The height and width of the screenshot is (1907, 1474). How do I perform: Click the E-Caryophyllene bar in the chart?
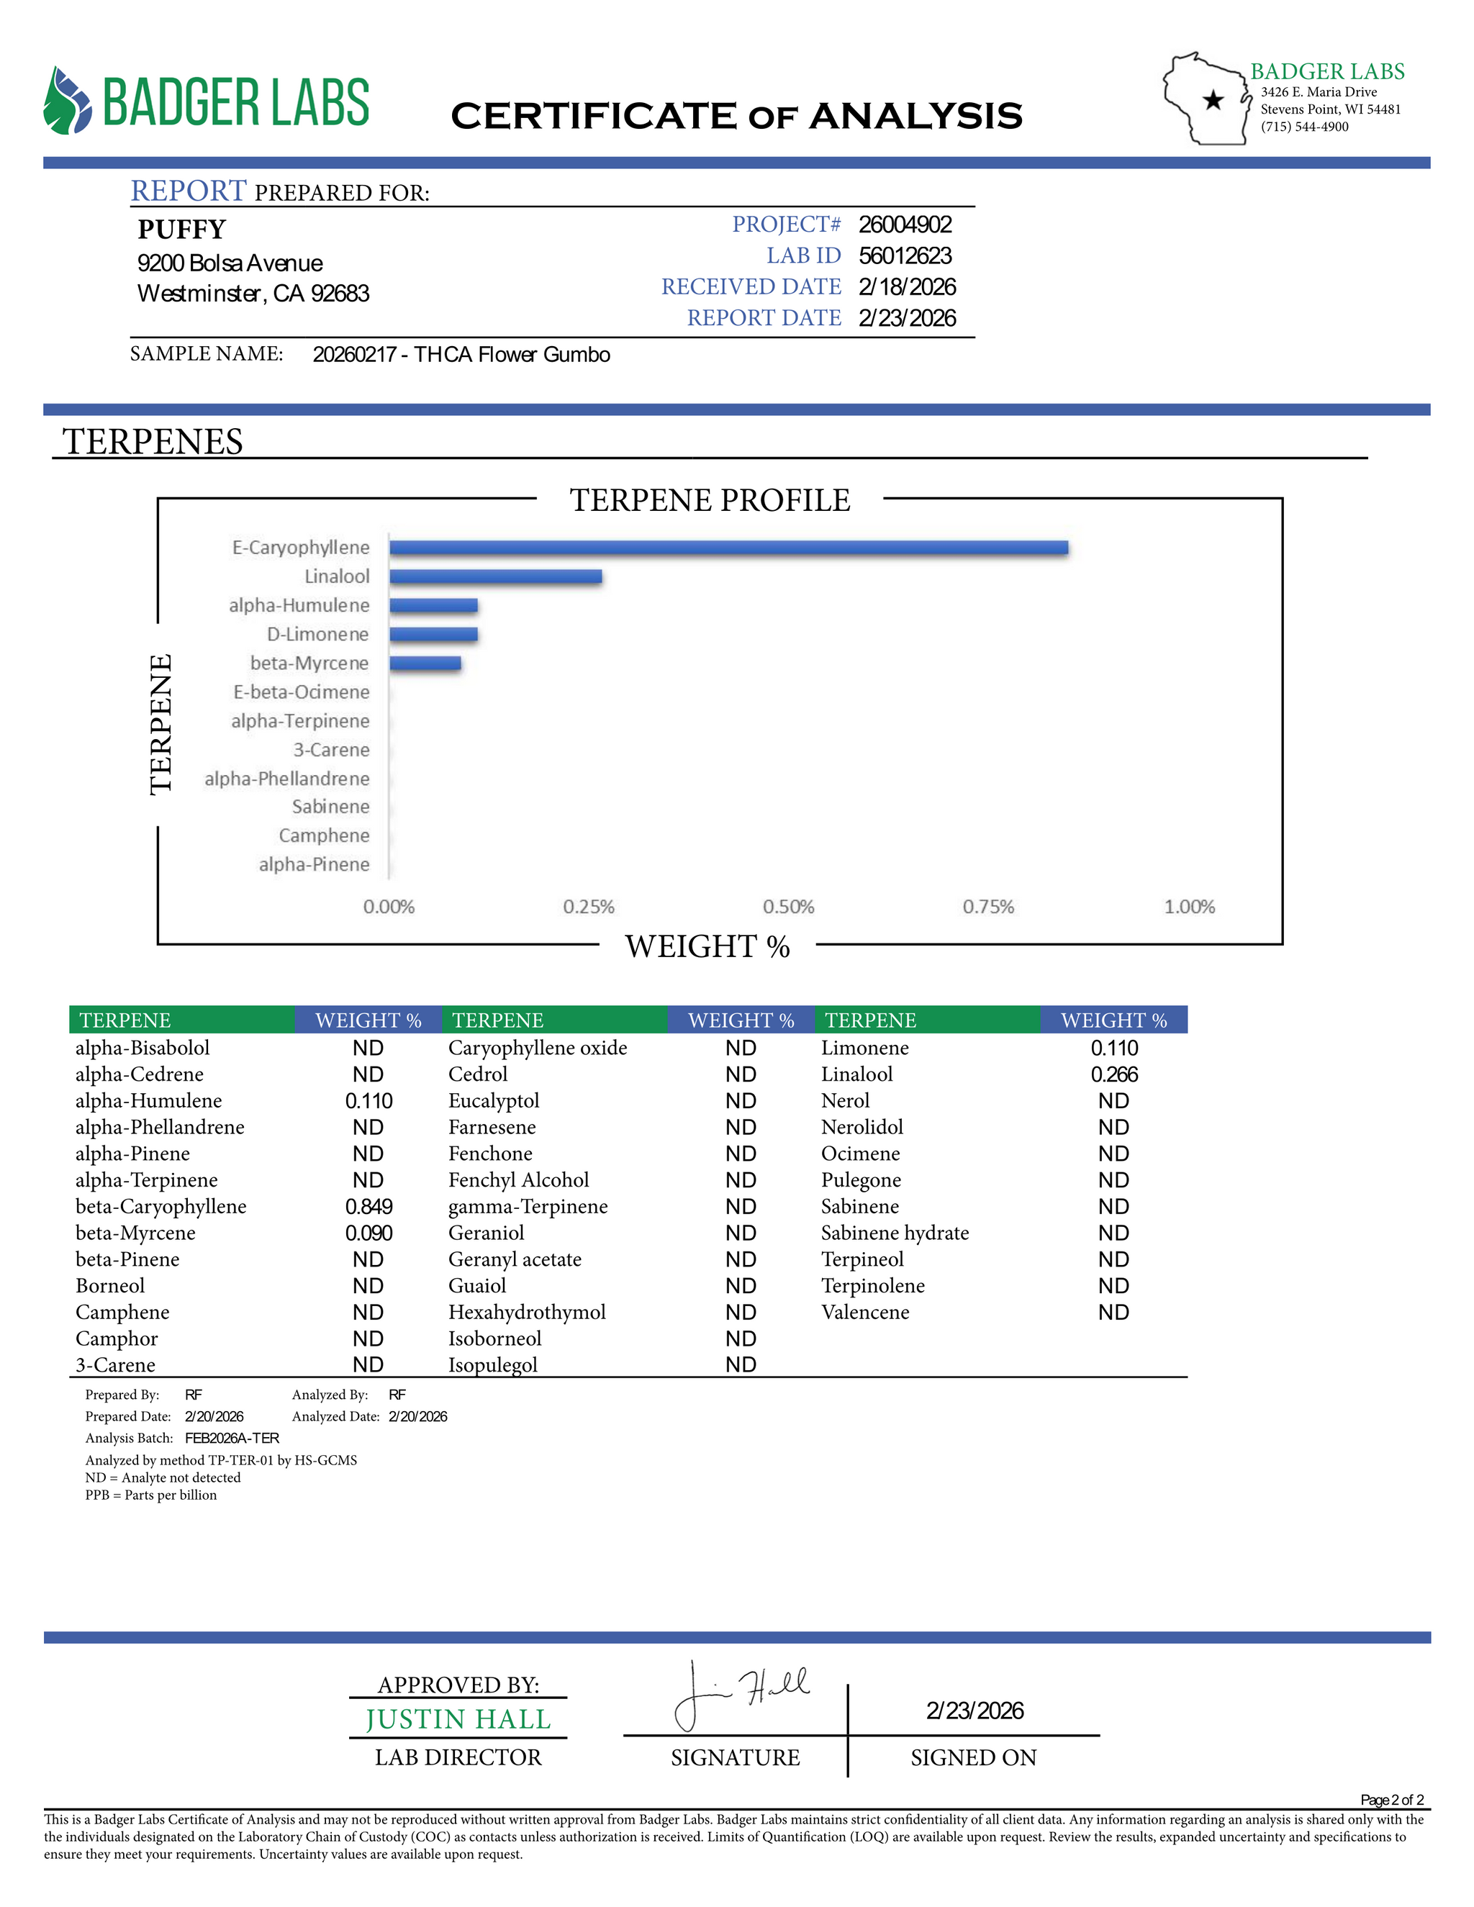(x=728, y=548)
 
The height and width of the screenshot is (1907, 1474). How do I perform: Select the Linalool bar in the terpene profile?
(x=495, y=576)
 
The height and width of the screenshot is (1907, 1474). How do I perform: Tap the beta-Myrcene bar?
(x=425, y=663)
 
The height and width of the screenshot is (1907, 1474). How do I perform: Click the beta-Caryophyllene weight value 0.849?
(x=368, y=1207)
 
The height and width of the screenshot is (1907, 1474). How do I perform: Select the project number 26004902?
(x=905, y=225)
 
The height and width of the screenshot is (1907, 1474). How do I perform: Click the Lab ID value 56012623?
(x=905, y=256)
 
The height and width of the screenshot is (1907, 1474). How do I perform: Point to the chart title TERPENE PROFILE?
(x=710, y=499)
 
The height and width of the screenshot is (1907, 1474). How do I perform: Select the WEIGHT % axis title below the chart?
(x=707, y=946)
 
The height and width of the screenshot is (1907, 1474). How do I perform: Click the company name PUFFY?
(x=181, y=229)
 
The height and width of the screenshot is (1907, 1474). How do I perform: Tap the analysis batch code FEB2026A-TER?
(x=232, y=1438)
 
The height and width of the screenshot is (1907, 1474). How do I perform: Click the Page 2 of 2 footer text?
(x=1392, y=1800)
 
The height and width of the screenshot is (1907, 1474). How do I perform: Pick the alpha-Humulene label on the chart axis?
(x=299, y=605)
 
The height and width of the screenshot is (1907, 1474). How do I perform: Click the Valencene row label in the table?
(x=864, y=1313)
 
